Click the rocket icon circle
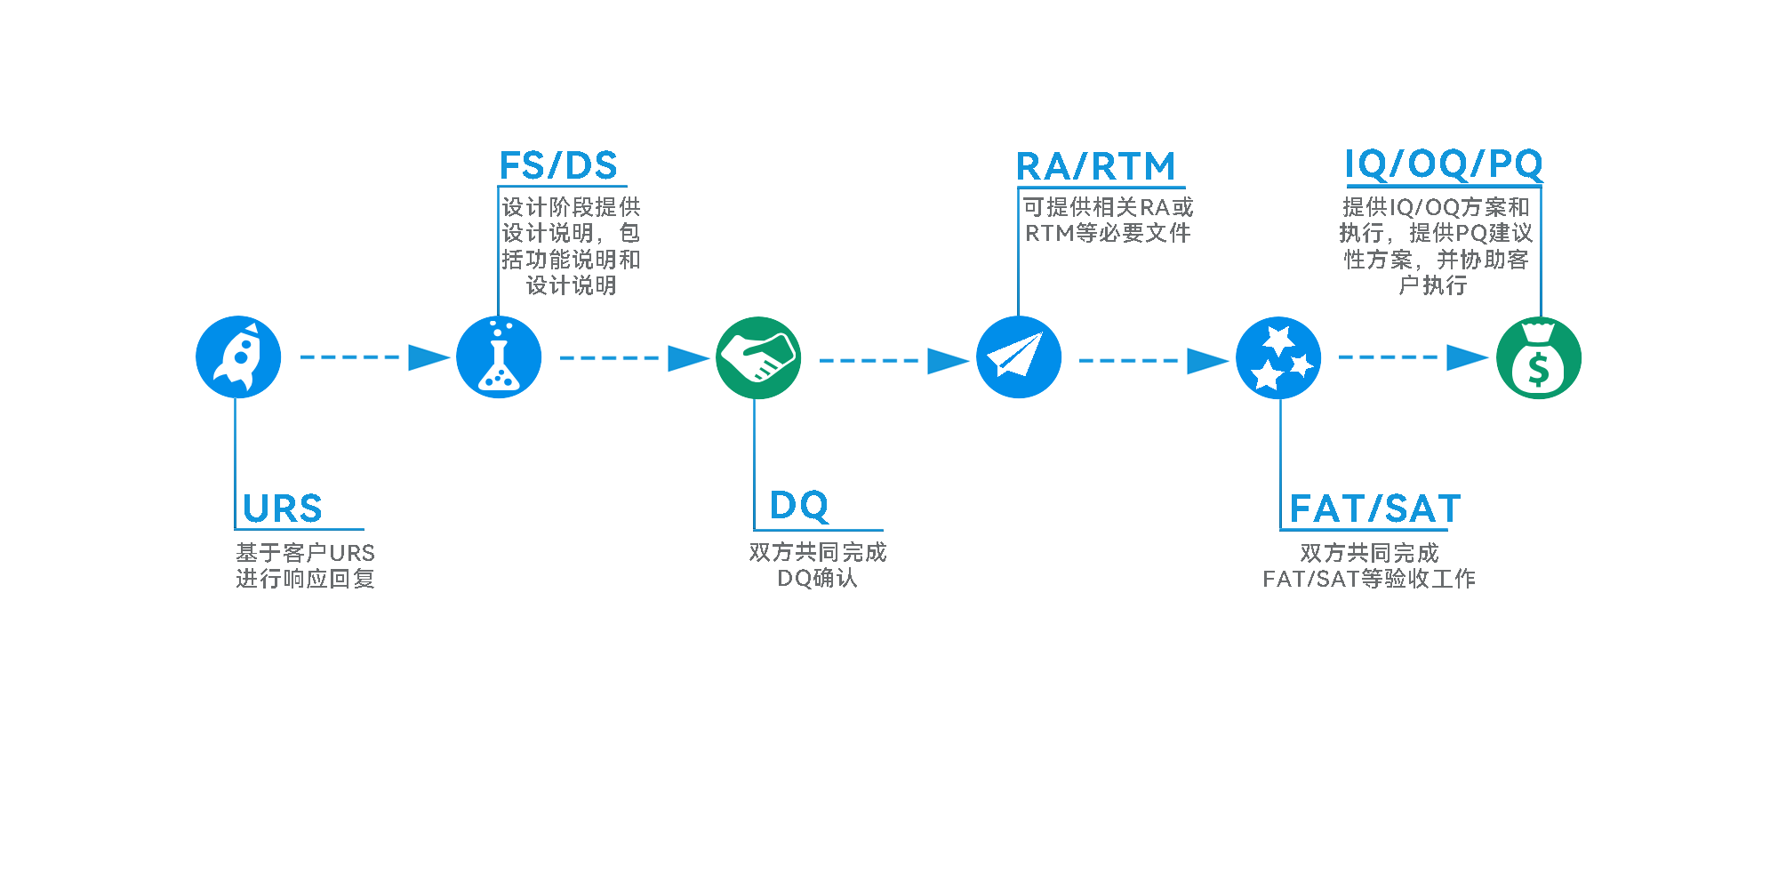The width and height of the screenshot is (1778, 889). [x=238, y=357]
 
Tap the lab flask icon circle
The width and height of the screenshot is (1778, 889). [x=499, y=357]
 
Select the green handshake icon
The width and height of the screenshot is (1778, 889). [x=758, y=357]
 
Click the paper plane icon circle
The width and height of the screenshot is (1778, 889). [x=1019, y=357]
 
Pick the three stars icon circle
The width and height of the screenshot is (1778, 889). [x=1278, y=357]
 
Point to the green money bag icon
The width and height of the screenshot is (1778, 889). [x=1539, y=357]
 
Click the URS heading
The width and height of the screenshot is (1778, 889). [x=283, y=509]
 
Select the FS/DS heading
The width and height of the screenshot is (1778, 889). [x=558, y=166]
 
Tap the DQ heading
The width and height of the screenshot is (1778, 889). [x=799, y=506]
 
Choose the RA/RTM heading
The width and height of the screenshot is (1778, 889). [x=1095, y=166]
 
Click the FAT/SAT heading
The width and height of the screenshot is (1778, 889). [x=1375, y=509]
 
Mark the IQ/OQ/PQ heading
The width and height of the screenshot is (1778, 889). [x=1444, y=164]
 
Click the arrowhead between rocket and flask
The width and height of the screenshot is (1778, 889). [x=428, y=357]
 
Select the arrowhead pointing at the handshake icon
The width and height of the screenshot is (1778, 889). [x=688, y=358]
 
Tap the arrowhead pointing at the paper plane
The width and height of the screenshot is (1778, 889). [x=948, y=361]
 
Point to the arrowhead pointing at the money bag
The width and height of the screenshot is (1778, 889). [x=1467, y=357]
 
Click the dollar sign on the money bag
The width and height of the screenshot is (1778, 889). [x=1539, y=369]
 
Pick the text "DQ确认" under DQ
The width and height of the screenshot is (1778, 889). [x=817, y=579]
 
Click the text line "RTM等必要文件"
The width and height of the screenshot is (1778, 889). [x=1108, y=233]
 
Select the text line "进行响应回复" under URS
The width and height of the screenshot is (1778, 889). [x=305, y=579]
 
